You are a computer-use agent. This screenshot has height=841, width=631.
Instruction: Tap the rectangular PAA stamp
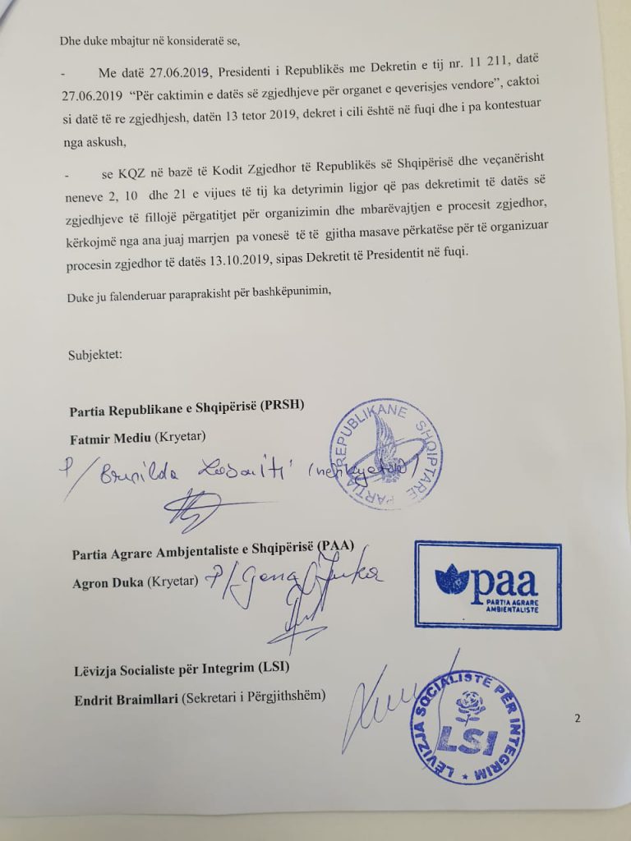487,585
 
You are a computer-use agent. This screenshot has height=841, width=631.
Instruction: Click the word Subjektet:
95,355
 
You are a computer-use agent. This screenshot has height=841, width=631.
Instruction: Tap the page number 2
577,719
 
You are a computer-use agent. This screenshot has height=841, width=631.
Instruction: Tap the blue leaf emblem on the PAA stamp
452,581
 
